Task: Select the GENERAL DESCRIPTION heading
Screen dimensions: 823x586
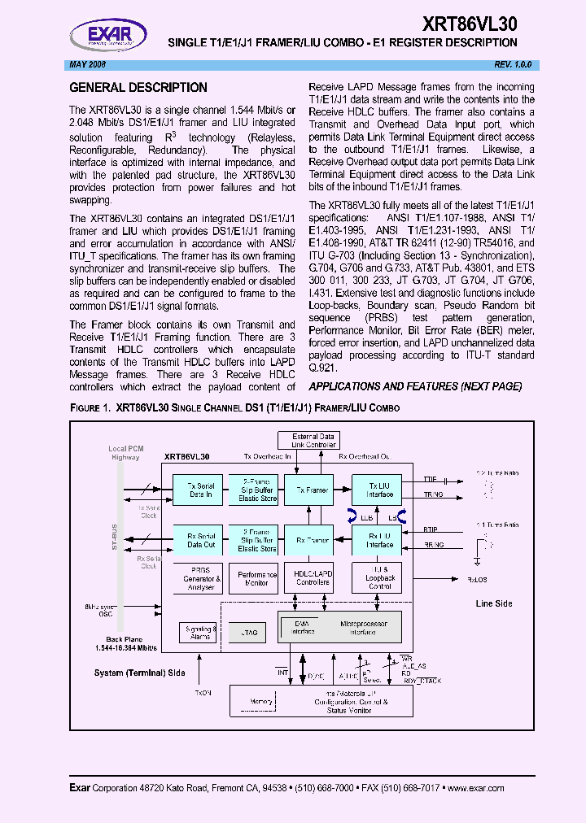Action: tap(138, 88)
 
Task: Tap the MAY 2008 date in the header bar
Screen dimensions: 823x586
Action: tap(88, 64)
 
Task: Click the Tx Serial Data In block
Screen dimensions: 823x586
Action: tap(199, 490)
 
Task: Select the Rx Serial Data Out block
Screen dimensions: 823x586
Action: tap(199, 539)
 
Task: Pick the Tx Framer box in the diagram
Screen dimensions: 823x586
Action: tap(312, 490)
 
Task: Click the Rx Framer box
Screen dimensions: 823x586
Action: tap(312, 539)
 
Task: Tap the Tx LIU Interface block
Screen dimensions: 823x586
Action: tap(378, 490)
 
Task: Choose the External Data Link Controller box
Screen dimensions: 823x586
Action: tap(313, 441)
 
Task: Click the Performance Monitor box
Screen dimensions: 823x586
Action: tap(256, 579)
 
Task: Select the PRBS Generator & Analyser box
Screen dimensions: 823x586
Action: tap(200, 579)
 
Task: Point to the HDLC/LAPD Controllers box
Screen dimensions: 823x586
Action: tap(312, 579)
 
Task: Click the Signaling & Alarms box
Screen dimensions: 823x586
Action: tap(200, 632)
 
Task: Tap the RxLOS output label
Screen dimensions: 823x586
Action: tap(478, 580)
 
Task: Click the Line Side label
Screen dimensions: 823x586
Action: tap(494, 603)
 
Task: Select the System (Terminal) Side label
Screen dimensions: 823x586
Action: tap(138, 673)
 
